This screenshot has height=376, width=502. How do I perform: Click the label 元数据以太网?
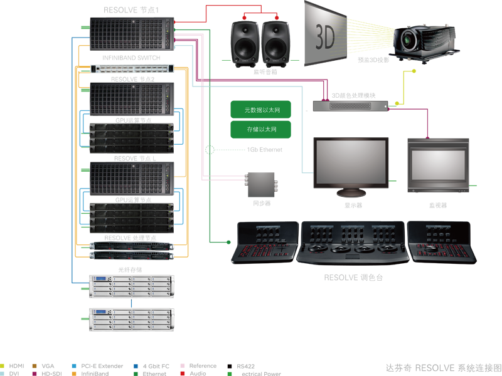[x=262, y=111]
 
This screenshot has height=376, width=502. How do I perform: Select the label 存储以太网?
[x=262, y=130]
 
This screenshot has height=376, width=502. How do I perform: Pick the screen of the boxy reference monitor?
[x=435, y=164]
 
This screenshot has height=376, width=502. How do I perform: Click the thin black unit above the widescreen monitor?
[x=350, y=105]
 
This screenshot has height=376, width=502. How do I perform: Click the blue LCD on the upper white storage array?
[x=101, y=279]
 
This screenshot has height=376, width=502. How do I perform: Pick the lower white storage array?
[x=132, y=320]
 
